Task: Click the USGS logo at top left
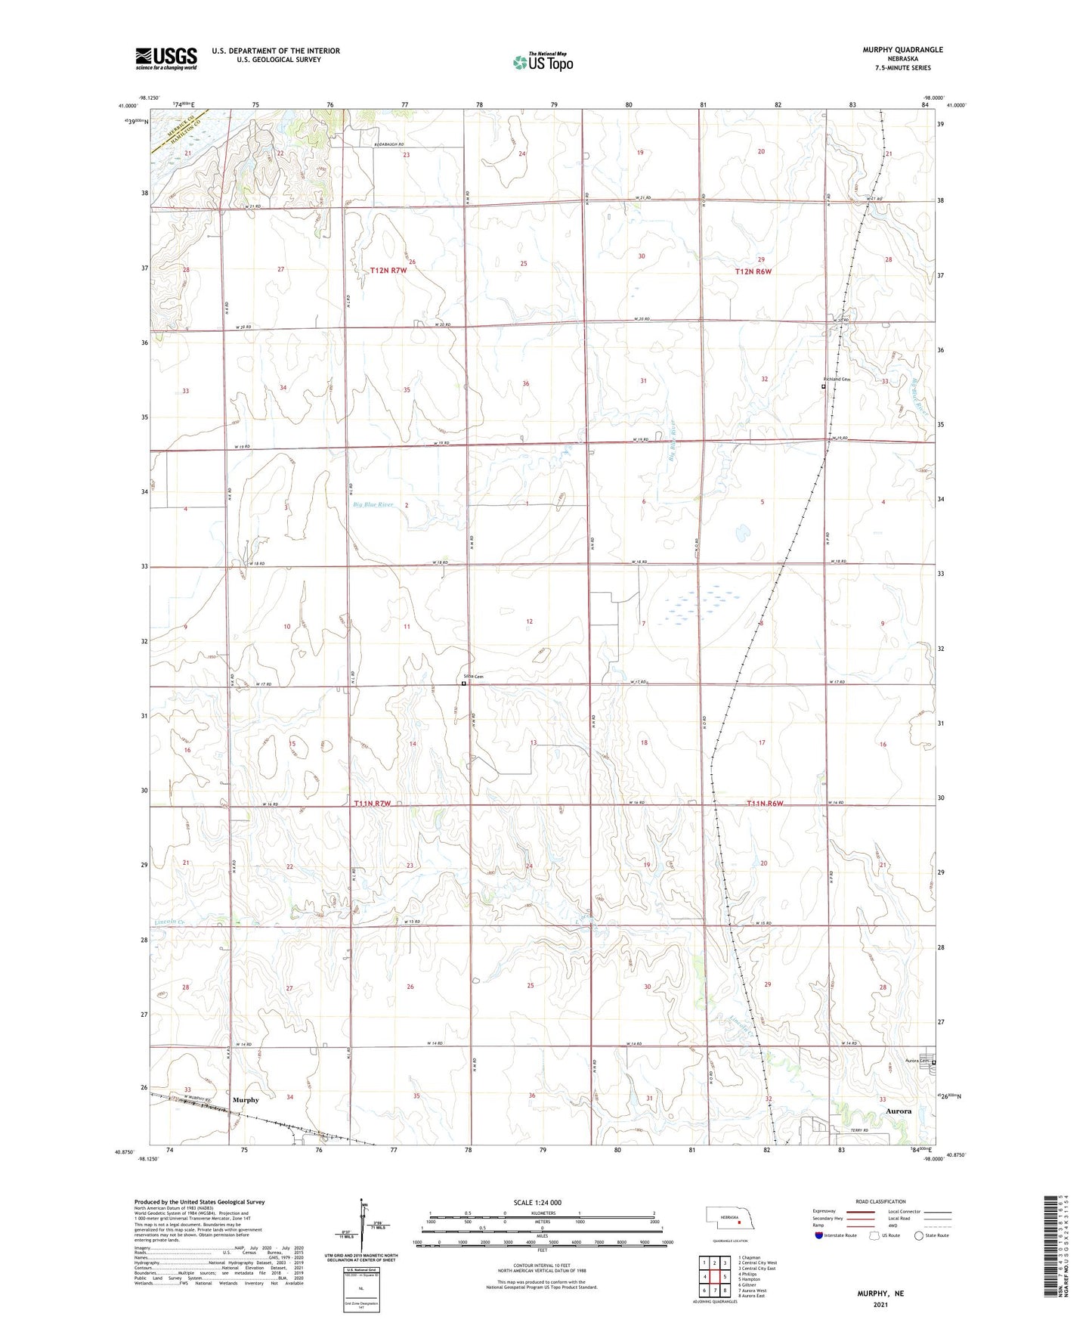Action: pos(166,58)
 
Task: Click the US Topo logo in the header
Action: pos(543,62)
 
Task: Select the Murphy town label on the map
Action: pos(246,1100)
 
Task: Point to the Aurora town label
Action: pos(899,1111)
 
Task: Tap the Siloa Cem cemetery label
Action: pos(473,677)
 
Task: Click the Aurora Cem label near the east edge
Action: pos(917,1061)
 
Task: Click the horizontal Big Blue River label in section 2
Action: pos(373,504)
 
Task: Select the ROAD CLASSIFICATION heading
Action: pos(880,1201)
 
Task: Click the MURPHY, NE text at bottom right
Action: pos(880,1294)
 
